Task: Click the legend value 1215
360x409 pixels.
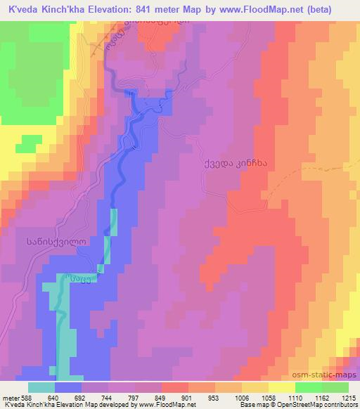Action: tap(349, 397)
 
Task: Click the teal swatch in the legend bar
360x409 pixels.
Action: tap(41, 387)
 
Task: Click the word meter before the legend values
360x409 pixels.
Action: tap(8, 397)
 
